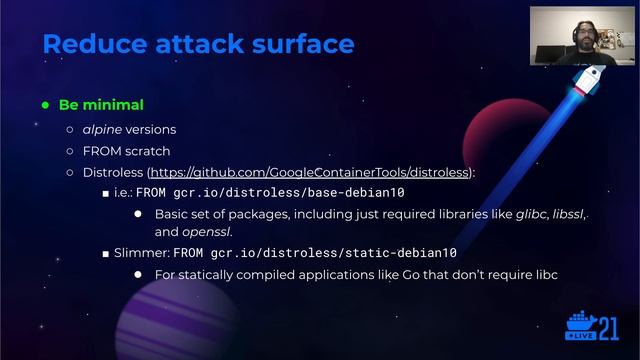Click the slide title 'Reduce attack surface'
pos(198,44)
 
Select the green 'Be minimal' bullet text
pos(101,105)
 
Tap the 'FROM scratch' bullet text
pos(126,151)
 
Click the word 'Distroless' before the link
pos(113,172)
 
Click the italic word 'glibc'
pos(525,214)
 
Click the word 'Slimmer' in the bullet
pos(138,253)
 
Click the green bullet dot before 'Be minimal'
pos(46,105)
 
